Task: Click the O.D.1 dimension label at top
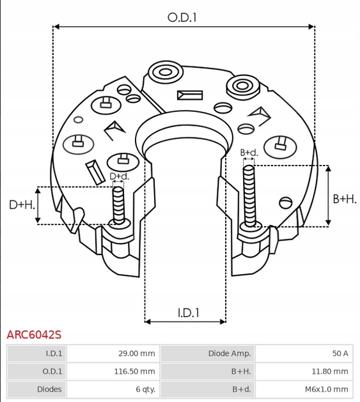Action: [x=182, y=18]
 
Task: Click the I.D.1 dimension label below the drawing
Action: [x=188, y=313]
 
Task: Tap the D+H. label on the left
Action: [x=21, y=205]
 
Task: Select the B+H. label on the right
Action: [x=345, y=199]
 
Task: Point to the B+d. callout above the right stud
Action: [x=249, y=153]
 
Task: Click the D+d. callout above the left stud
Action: [x=118, y=176]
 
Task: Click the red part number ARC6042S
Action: [x=34, y=334]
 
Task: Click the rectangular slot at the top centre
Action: [x=191, y=95]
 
